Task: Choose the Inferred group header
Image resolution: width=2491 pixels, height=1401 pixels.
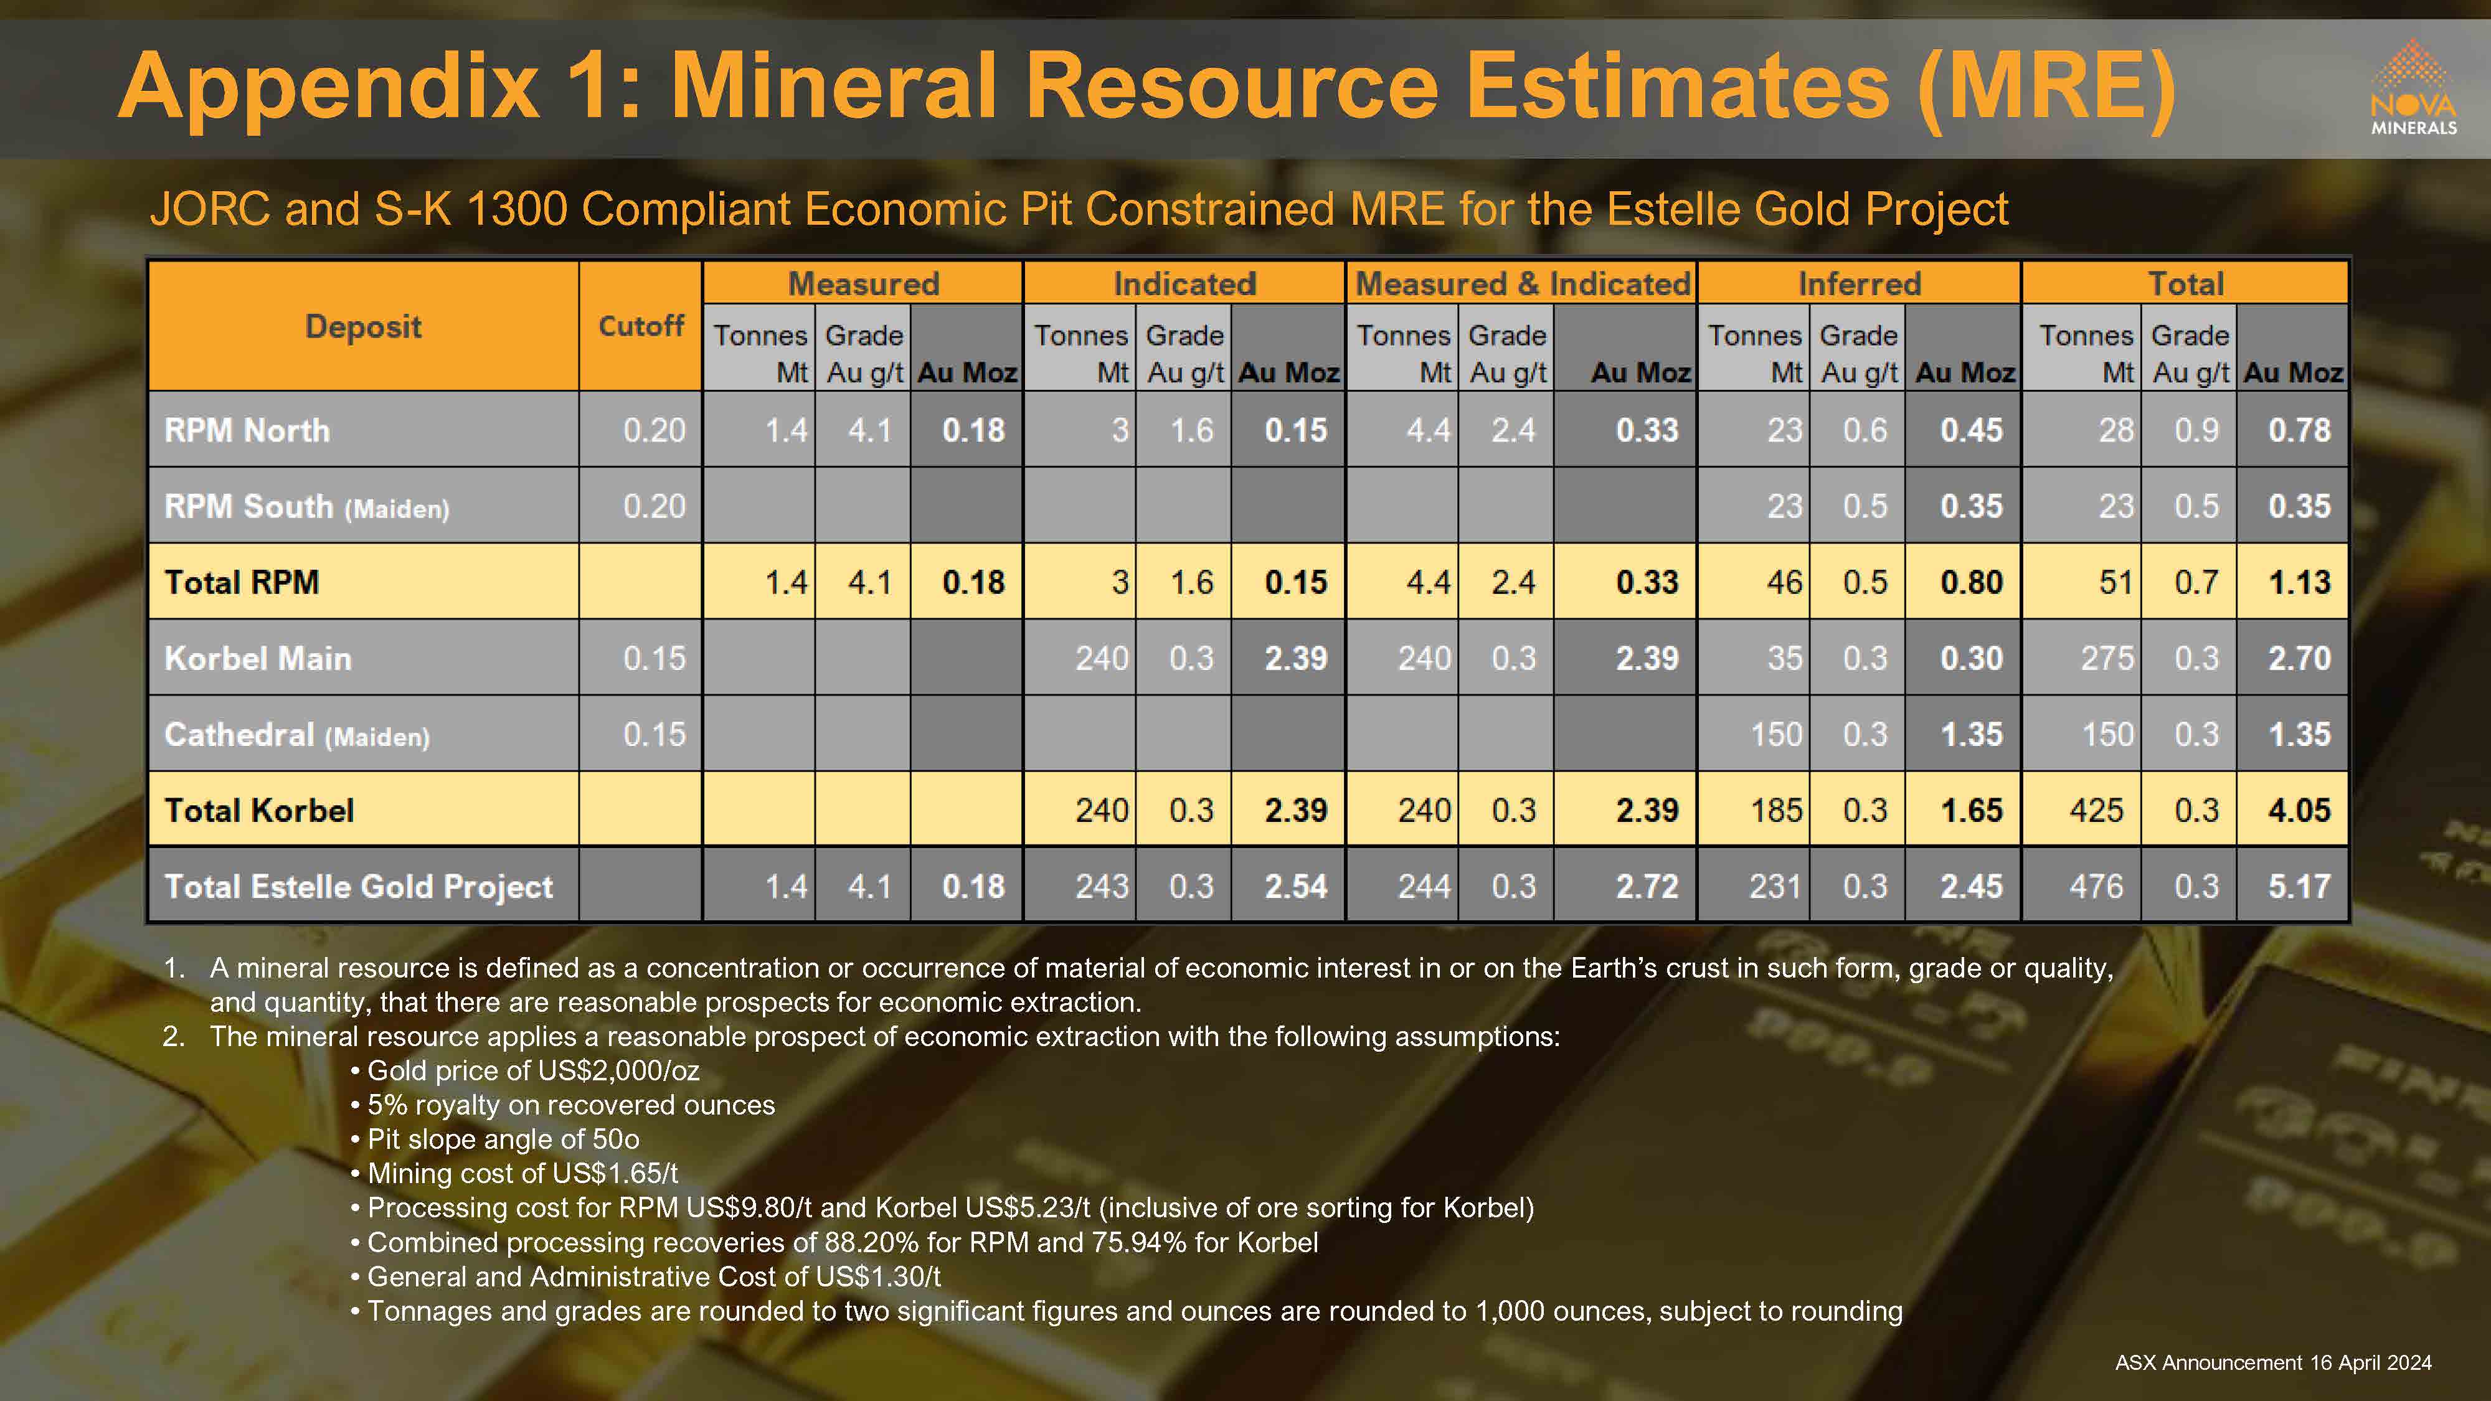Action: point(1858,283)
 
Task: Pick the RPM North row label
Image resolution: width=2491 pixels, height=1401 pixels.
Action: point(248,430)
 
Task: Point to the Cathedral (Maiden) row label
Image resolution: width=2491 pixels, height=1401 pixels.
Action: point(297,735)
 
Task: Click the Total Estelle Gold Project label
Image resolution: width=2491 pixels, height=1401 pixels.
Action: point(359,887)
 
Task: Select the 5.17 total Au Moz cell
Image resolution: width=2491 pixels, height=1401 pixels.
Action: point(2300,887)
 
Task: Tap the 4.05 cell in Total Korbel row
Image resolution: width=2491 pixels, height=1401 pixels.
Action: point(2300,810)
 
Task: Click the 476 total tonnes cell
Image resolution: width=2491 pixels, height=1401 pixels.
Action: point(2096,887)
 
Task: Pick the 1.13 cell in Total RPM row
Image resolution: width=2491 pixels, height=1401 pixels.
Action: point(2300,582)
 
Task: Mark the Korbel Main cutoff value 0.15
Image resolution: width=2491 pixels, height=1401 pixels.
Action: point(654,658)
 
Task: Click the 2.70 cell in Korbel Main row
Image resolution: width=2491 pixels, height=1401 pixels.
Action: point(2300,658)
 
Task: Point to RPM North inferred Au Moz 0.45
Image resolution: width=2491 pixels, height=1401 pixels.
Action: point(1971,430)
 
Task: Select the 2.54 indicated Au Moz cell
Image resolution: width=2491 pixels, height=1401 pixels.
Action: point(1296,887)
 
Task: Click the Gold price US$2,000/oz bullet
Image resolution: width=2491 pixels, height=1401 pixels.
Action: point(525,1070)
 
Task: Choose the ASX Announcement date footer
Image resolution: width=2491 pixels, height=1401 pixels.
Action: point(2272,1362)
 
